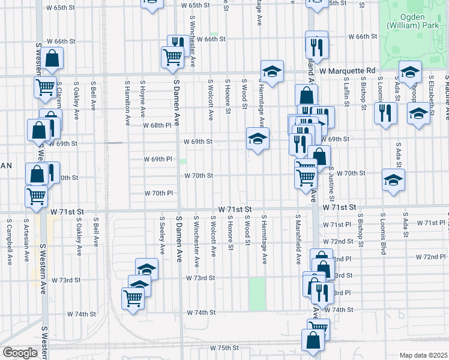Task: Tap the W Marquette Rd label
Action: pos(346,71)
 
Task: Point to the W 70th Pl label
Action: pos(158,193)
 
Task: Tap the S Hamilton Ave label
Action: pos(127,103)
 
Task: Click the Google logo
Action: pos(20,353)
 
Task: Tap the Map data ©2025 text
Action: pos(423,355)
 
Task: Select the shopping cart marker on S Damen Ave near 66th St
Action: pos(172,57)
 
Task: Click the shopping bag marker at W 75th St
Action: pos(314,340)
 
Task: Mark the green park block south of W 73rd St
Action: pos(257,294)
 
